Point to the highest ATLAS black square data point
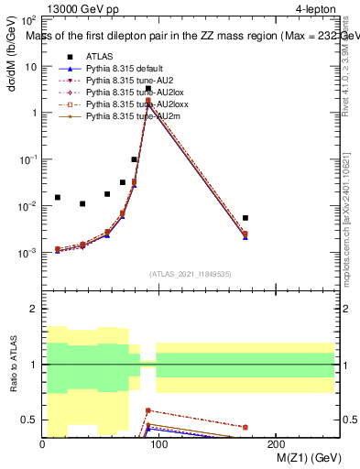[148, 89]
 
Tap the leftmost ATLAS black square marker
[58, 197]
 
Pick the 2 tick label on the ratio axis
[35, 309]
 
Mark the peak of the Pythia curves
[148, 102]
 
